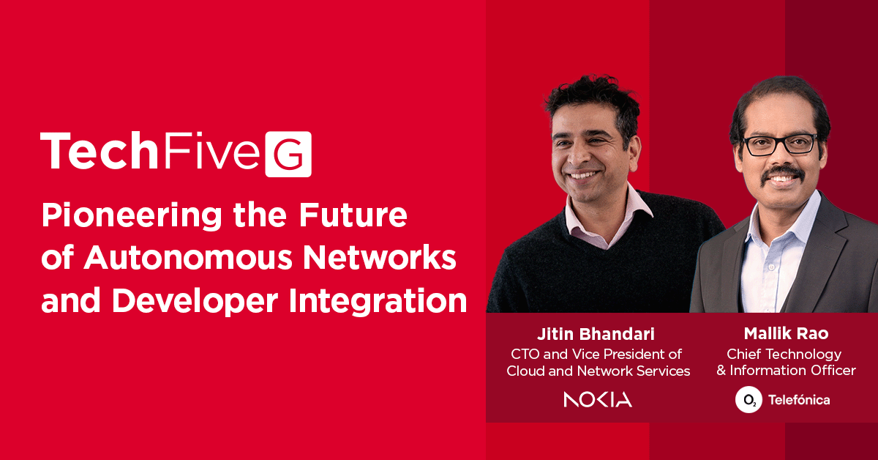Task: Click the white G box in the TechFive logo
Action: click(288, 154)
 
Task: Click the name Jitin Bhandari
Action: click(599, 334)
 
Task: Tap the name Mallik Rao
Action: click(786, 334)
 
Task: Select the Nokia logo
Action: click(598, 399)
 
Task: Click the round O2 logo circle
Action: click(748, 400)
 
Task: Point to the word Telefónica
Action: click(799, 400)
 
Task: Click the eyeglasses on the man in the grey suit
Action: click(780, 144)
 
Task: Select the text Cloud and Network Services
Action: click(599, 371)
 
